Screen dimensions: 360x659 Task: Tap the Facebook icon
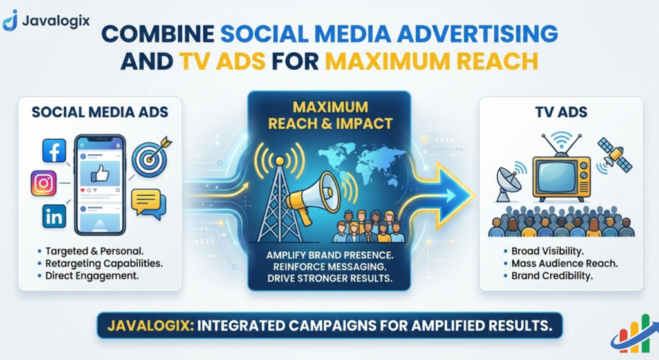point(54,151)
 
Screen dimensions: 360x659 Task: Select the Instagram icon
point(44,184)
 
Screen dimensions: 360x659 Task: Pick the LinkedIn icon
point(54,216)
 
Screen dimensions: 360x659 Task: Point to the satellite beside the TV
point(614,153)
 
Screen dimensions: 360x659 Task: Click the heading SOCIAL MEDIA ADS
point(100,113)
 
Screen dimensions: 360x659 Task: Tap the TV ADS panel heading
point(561,113)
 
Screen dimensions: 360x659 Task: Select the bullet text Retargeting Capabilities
point(104,264)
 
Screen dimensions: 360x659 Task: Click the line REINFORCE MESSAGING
point(329,268)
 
